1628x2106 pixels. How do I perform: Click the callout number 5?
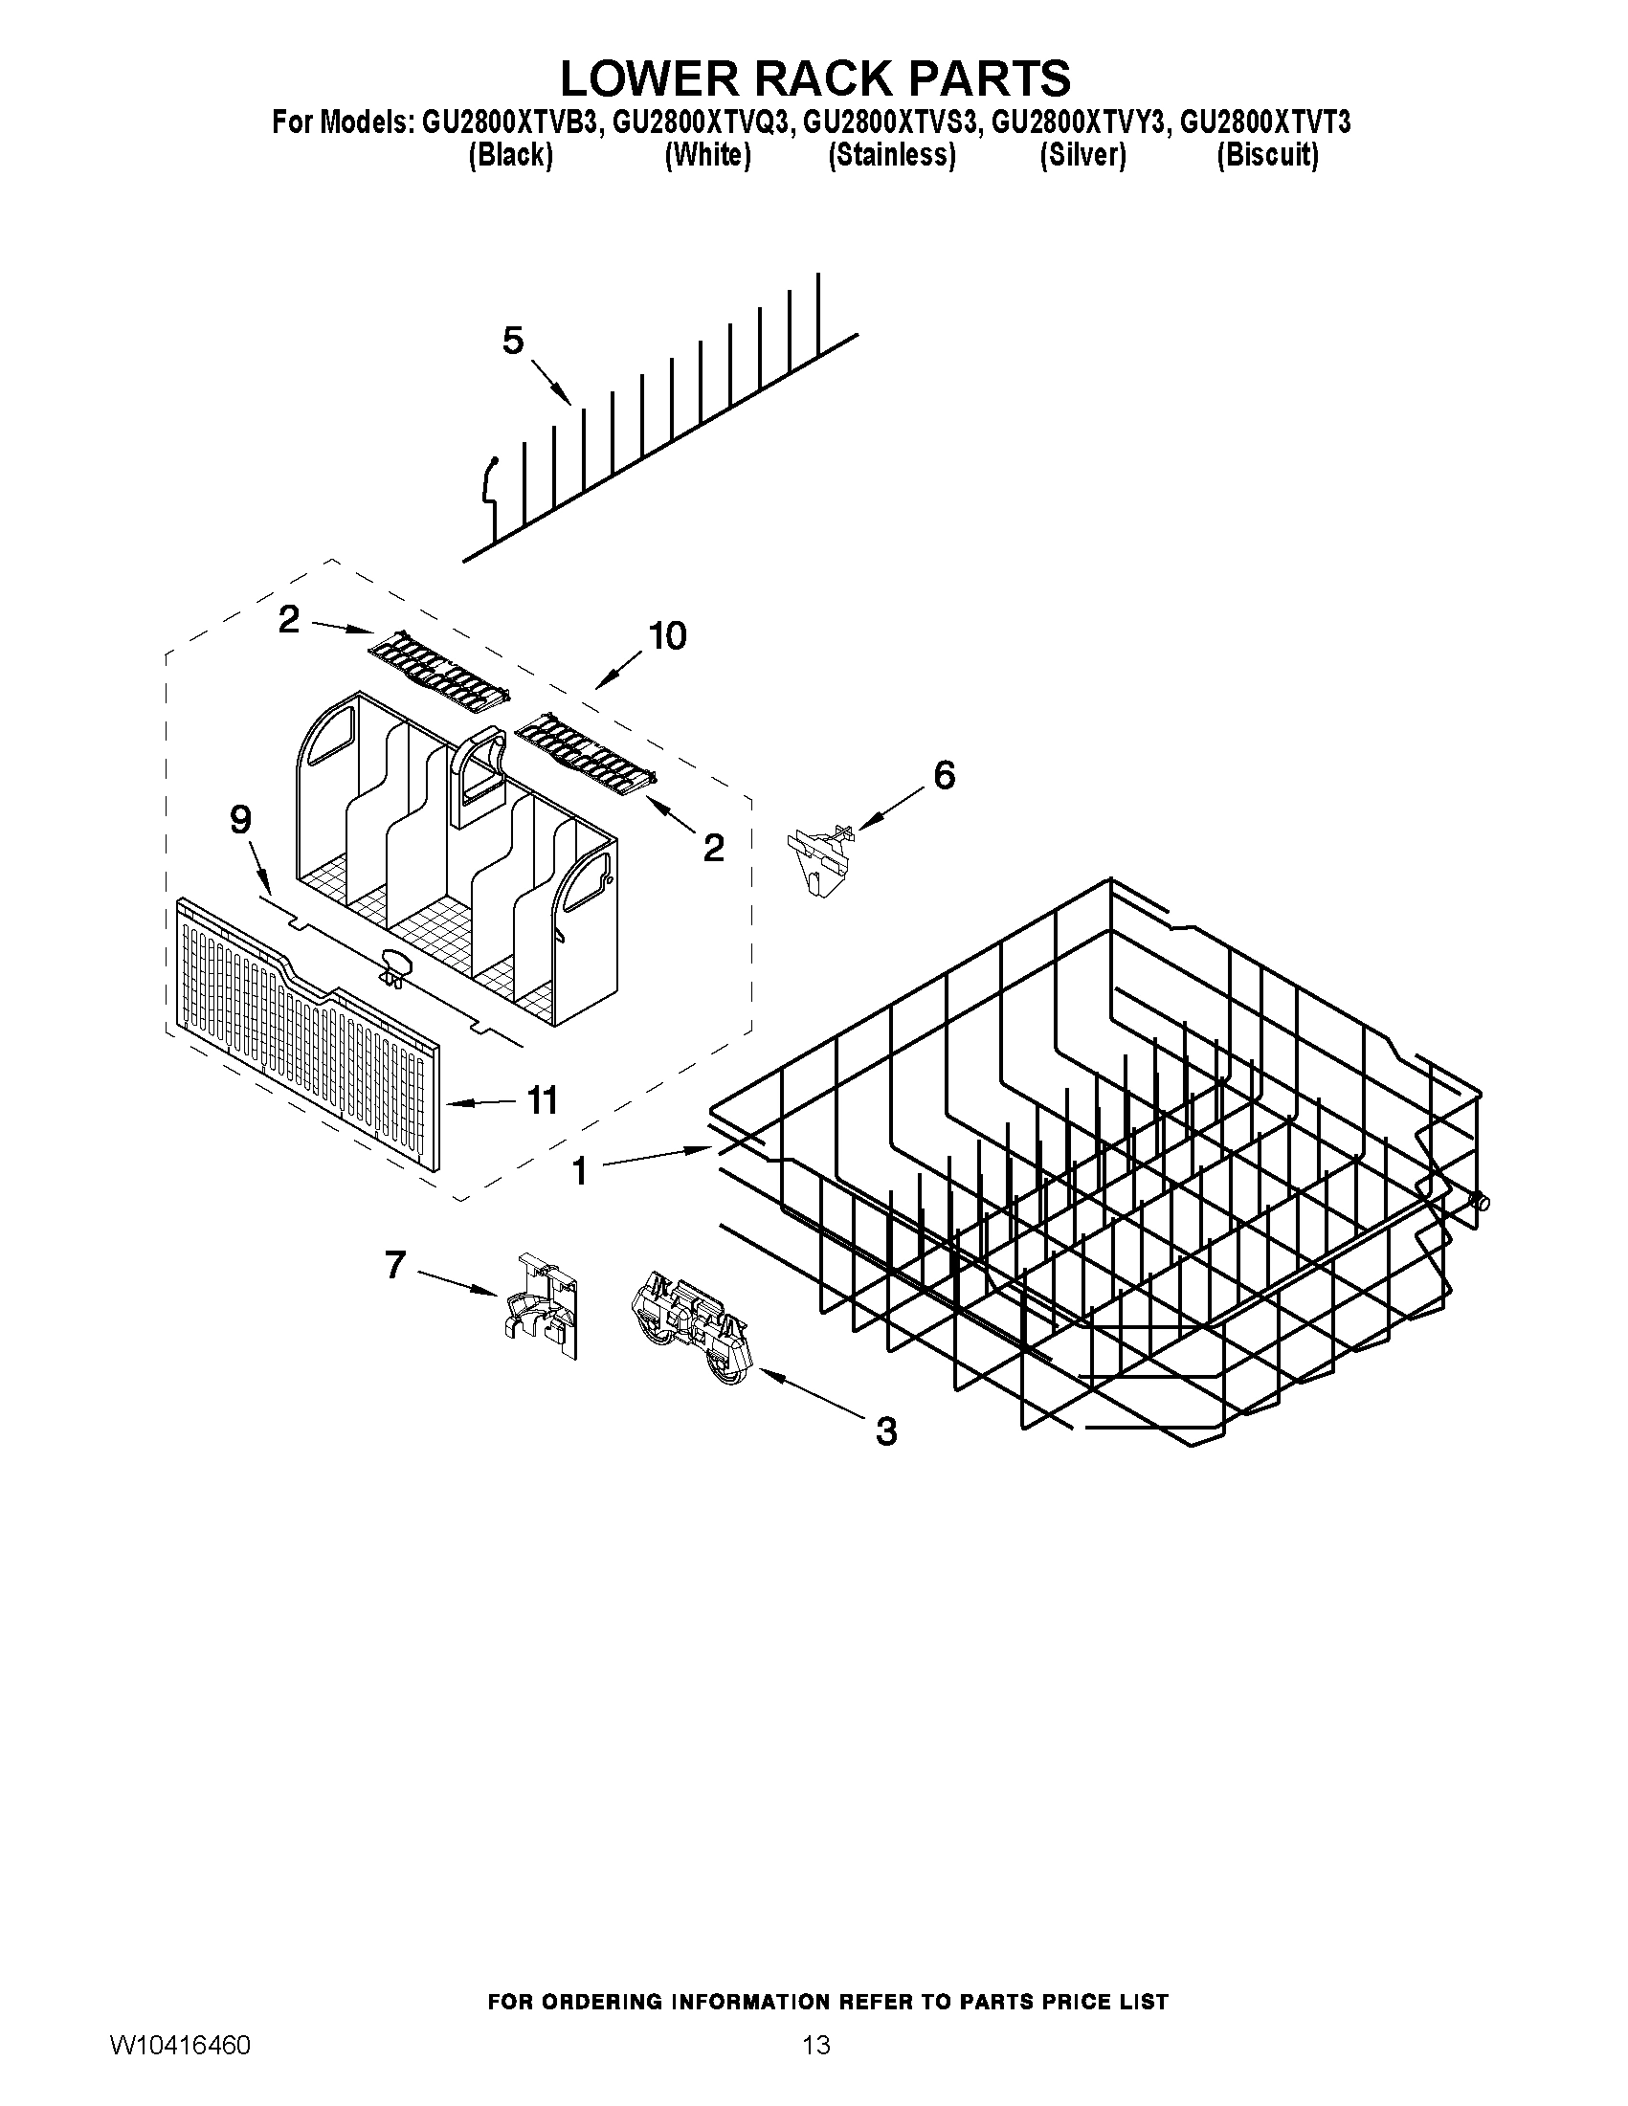tap(512, 341)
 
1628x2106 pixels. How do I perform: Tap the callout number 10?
tap(666, 636)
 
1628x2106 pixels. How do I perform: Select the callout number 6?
tap(945, 774)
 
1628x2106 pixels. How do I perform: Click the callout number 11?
tap(542, 1100)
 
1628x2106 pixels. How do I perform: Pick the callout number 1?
tap(579, 1171)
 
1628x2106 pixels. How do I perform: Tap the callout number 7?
tap(395, 1264)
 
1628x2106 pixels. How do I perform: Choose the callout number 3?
tap(885, 1431)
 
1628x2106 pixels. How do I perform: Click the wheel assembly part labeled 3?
tap(693, 1330)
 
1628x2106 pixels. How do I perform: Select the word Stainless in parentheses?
tap(892, 155)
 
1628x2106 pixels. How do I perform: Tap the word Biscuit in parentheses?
tap(1267, 155)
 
